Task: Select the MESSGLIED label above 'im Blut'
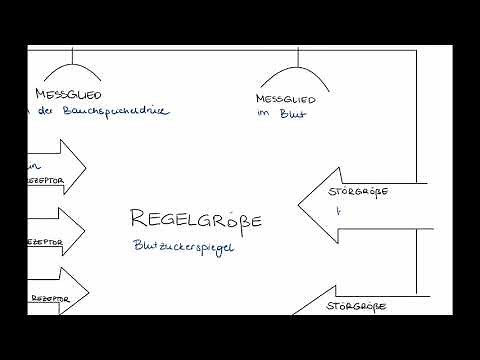click(286, 100)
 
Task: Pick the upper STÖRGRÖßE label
click(358, 191)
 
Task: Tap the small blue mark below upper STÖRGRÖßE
click(338, 211)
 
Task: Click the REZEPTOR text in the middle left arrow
click(42, 242)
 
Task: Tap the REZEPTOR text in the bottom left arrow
click(46, 298)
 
